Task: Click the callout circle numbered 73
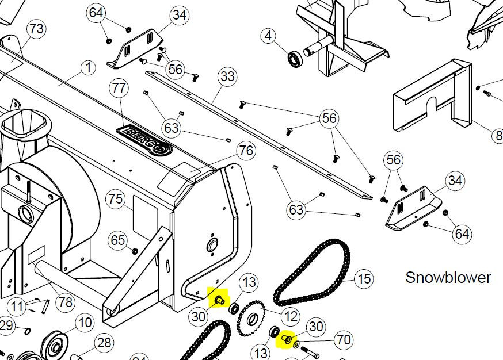click(36, 28)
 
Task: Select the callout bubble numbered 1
click(88, 68)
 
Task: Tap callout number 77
click(119, 88)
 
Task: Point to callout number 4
click(268, 36)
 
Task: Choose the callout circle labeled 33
click(227, 76)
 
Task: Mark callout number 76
click(246, 151)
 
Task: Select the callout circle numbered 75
click(116, 199)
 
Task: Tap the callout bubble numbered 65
click(118, 240)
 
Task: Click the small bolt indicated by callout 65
click(135, 251)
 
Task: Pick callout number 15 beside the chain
click(364, 279)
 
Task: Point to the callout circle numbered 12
click(290, 316)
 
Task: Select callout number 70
click(344, 340)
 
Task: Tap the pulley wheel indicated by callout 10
click(56, 347)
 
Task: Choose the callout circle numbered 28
click(104, 343)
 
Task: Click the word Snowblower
click(448, 277)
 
